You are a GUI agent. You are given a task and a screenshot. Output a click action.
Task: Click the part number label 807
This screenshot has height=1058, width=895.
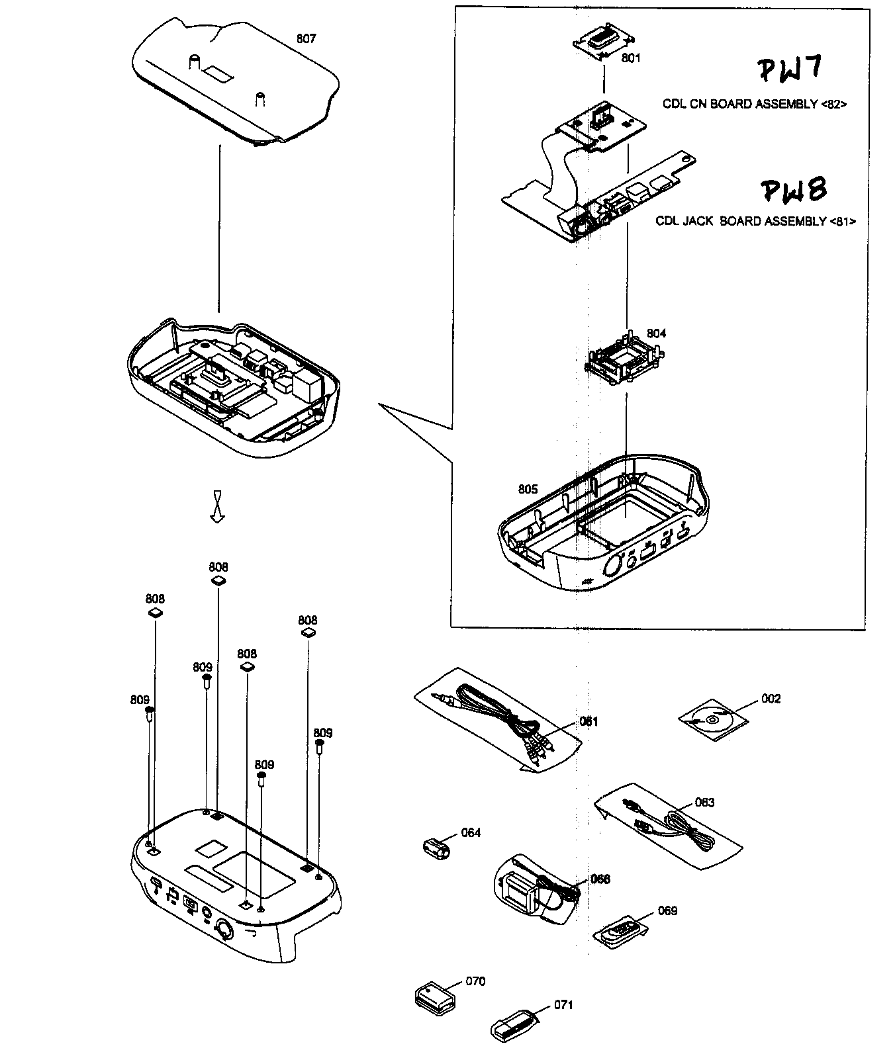[306, 38]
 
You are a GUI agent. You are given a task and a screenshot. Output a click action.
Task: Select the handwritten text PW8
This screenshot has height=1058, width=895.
[793, 190]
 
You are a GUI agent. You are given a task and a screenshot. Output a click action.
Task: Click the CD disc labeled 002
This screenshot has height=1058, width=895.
[712, 720]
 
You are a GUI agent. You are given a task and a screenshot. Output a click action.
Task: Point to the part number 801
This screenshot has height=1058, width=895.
[631, 58]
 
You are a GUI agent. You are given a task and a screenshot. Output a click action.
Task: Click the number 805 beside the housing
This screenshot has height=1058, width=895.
[528, 490]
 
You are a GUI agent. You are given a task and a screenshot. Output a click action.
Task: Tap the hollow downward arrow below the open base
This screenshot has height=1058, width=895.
[217, 507]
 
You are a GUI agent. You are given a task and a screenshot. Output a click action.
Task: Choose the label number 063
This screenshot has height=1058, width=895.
[704, 803]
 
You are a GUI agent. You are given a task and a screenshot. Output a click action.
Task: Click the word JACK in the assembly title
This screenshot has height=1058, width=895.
[701, 222]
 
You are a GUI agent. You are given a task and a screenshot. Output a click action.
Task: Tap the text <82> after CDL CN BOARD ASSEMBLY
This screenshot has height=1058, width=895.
[833, 105]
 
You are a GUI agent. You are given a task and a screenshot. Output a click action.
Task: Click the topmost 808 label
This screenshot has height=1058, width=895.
[218, 567]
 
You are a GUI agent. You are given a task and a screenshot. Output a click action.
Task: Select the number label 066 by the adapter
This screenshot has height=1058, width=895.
[600, 879]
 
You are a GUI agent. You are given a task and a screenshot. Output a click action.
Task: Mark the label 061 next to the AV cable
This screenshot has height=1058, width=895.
[589, 722]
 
